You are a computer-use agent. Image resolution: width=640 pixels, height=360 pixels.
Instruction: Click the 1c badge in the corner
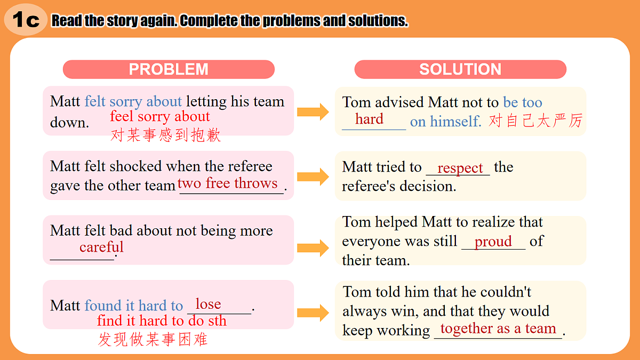(26, 19)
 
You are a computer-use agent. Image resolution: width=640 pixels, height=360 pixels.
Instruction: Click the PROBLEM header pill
(169, 69)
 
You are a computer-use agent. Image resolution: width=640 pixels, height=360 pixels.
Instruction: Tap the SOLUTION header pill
(460, 69)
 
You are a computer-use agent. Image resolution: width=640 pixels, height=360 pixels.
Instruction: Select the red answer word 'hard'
(369, 119)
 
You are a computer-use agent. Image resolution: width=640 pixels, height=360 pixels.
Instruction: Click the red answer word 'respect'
(460, 168)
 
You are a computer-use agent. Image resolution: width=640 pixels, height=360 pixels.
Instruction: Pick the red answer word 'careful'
(101, 247)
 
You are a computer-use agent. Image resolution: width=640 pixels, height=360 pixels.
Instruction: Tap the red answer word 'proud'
(493, 242)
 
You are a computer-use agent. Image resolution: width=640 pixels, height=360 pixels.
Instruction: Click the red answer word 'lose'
(209, 303)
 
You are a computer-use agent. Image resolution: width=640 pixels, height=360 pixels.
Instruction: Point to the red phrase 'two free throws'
(227, 183)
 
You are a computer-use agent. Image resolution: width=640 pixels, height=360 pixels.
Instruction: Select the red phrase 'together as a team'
(498, 329)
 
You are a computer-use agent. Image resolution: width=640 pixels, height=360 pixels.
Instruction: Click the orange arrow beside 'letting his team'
(313, 111)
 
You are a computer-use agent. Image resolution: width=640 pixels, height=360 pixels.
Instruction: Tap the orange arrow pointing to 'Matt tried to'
(313, 177)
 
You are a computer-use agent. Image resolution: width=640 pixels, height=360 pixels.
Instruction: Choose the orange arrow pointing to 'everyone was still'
(313, 248)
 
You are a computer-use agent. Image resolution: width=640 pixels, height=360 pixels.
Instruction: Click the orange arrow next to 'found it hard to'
(313, 313)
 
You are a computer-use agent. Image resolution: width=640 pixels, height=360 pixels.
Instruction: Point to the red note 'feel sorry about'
(160, 117)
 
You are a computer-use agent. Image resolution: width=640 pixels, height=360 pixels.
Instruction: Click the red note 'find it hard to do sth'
(162, 321)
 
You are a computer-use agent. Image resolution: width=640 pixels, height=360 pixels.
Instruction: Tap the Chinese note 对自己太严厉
(535, 121)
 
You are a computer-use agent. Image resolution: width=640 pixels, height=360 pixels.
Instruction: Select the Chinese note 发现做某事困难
(153, 339)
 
